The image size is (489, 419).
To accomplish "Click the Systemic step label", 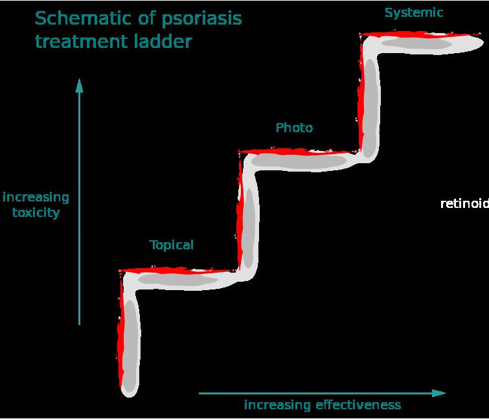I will [x=414, y=12].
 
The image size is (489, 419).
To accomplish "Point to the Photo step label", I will [x=294, y=128].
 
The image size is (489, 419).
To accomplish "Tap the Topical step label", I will [x=172, y=245].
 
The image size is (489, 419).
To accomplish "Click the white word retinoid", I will [x=464, y=204].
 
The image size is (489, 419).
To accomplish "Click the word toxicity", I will [x=36, y=212].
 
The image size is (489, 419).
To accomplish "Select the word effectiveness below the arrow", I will [x=358, y=405].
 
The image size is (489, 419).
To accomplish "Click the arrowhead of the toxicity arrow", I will [x=80, y=85].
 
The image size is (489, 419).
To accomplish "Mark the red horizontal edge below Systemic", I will [x=421, y=34].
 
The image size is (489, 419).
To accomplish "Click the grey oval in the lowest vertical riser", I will [x=131, y=343].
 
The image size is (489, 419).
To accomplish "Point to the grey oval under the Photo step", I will [x=298, y=161].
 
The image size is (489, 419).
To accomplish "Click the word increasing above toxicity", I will [x=36, y=197].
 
